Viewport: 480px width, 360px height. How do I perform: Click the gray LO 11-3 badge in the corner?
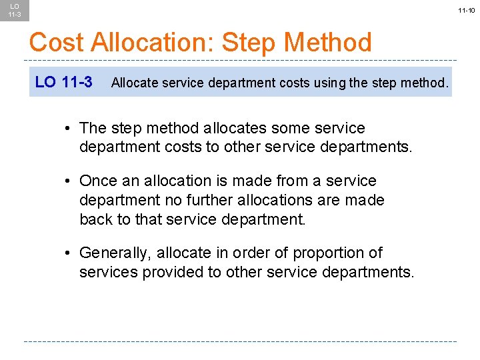coord(15,10)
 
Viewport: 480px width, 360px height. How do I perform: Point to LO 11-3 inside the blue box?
coord(63,82)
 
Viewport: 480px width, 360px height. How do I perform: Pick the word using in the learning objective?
coord(325,83)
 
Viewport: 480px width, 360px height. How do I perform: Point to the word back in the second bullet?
coord(95,219)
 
